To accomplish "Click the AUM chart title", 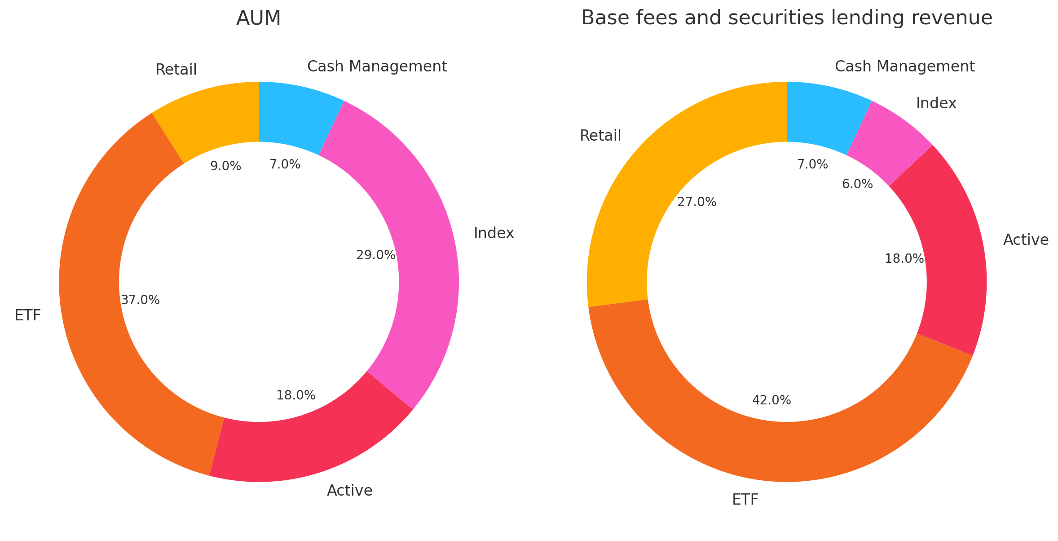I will point(259,18).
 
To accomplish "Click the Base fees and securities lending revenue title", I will point(787,18).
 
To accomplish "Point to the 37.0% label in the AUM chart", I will point(140,300).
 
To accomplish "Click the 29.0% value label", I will point(375,255).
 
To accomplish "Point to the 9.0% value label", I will point(225,167).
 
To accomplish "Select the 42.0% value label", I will point(771,400).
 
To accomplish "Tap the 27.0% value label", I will point(697,203).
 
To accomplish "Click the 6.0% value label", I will point(857,184).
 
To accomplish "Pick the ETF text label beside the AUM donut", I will point(28,316).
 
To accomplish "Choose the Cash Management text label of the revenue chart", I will point(904,67).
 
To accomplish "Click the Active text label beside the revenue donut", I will point(1026,240).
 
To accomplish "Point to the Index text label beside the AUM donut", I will point(494,233).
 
